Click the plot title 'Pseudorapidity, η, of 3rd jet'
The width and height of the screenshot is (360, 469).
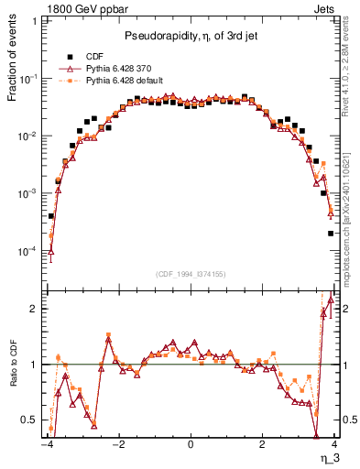click(x=190, y=36)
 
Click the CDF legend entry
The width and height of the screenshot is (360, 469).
click(x=85, y=55)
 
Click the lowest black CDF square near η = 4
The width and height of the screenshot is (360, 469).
click(x=331, y=233)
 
